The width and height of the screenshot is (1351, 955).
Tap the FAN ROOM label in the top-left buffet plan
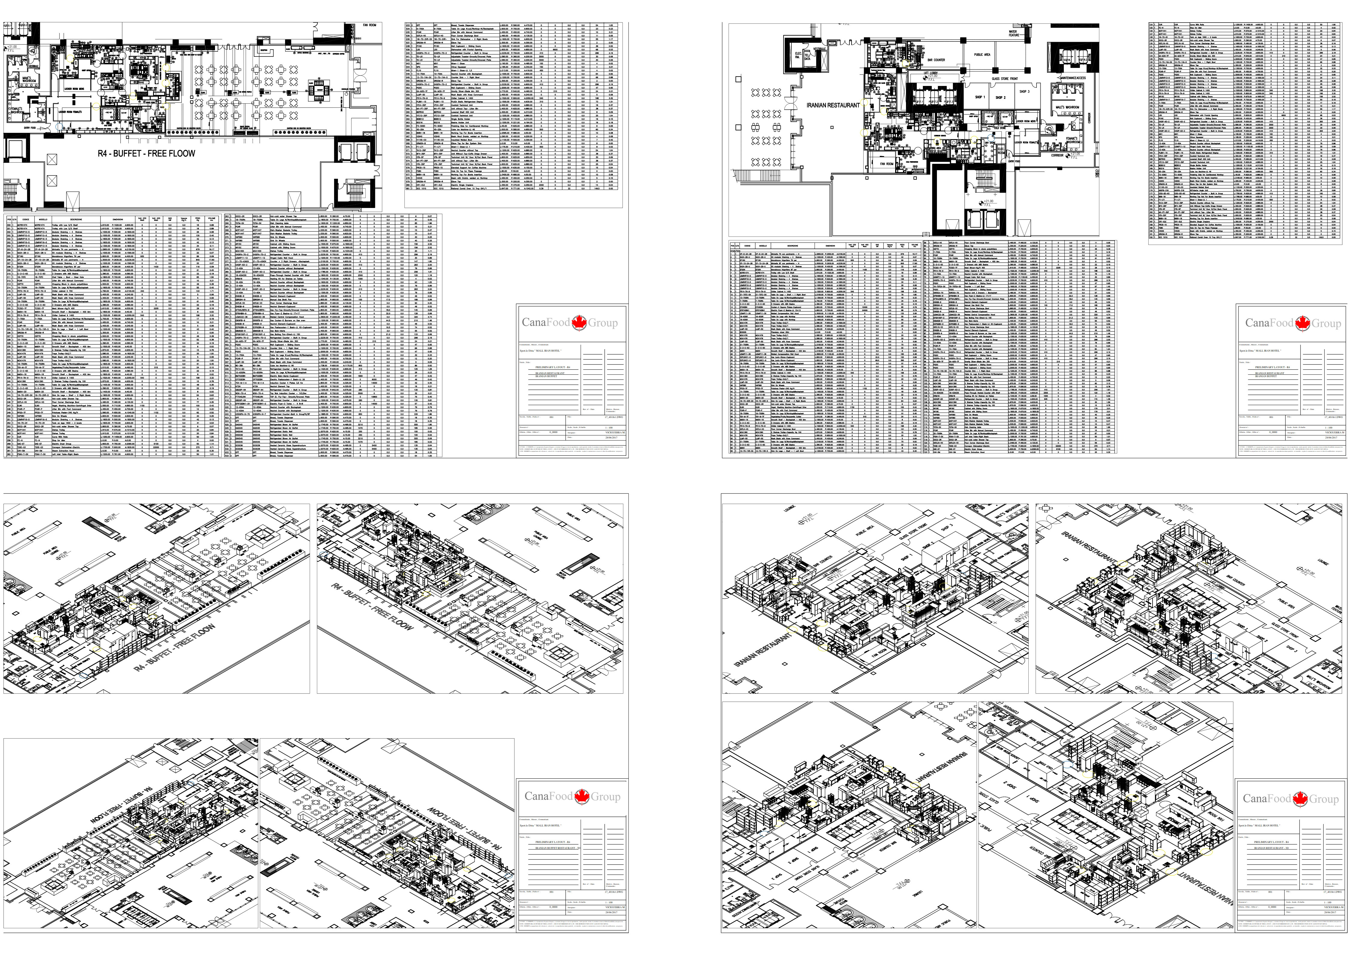369,25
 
